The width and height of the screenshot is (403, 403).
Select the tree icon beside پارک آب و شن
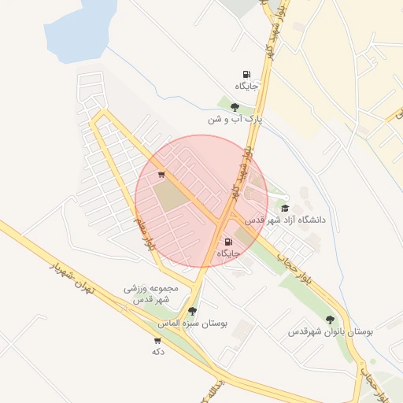(235, 107)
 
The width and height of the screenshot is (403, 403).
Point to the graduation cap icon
(285, 208)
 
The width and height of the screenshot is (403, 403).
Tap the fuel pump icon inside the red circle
(228, 242)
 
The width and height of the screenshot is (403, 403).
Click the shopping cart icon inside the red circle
(161, 175)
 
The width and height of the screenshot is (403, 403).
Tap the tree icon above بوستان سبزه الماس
(193, 311)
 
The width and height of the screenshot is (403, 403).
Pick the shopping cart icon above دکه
(157, 341)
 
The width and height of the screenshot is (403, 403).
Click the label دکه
(157, 352)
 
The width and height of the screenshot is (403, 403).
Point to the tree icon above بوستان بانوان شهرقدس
(330, 320)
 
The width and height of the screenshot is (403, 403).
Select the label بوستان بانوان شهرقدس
(330, 332)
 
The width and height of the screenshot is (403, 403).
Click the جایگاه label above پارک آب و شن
(246, 85)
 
